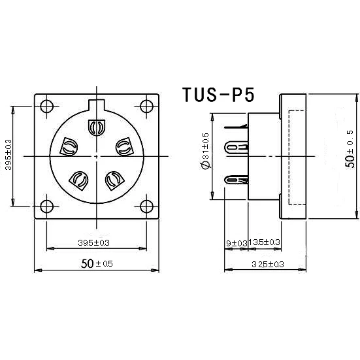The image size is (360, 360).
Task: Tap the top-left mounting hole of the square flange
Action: coord(46,107)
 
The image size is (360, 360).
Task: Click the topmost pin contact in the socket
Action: coord(96,126)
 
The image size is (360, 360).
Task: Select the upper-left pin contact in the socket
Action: coord(69,147)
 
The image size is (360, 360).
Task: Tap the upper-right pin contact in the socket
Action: coord(123,147)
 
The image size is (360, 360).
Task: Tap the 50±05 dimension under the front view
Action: coord(97,263)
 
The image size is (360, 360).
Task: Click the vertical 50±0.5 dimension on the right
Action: coord(350,148)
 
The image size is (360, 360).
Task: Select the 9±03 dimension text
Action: coord(236,243)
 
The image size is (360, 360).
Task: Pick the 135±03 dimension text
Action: coord(266,242)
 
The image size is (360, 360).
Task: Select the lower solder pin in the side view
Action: coord(237,178)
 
